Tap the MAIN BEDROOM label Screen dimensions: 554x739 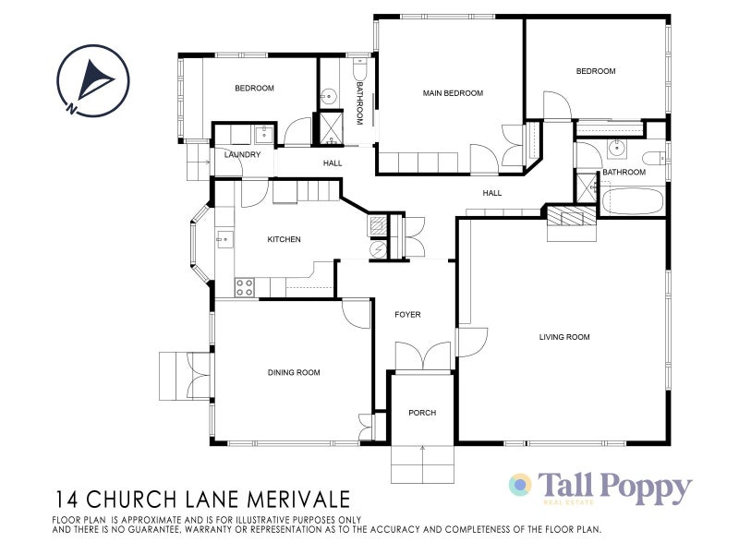[454, 93]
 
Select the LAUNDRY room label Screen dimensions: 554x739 [243, 155]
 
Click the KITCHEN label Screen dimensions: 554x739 [284, 240]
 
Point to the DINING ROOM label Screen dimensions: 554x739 [294, 372]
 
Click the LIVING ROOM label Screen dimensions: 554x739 [563, 337]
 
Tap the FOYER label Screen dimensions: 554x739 [407, 315]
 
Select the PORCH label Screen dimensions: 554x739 [422, 413]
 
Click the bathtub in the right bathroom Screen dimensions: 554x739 [632, 201]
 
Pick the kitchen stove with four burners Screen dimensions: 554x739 [245, 286]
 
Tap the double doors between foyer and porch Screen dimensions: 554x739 [421, 356]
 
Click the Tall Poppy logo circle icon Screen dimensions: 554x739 [521, 485]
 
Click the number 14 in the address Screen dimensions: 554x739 [66, 500]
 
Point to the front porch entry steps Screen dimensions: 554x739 [422, 464]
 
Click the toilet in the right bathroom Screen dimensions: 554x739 [654, 157]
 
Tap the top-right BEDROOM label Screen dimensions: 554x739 [596, 71]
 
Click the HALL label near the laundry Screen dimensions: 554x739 [333, 163]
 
